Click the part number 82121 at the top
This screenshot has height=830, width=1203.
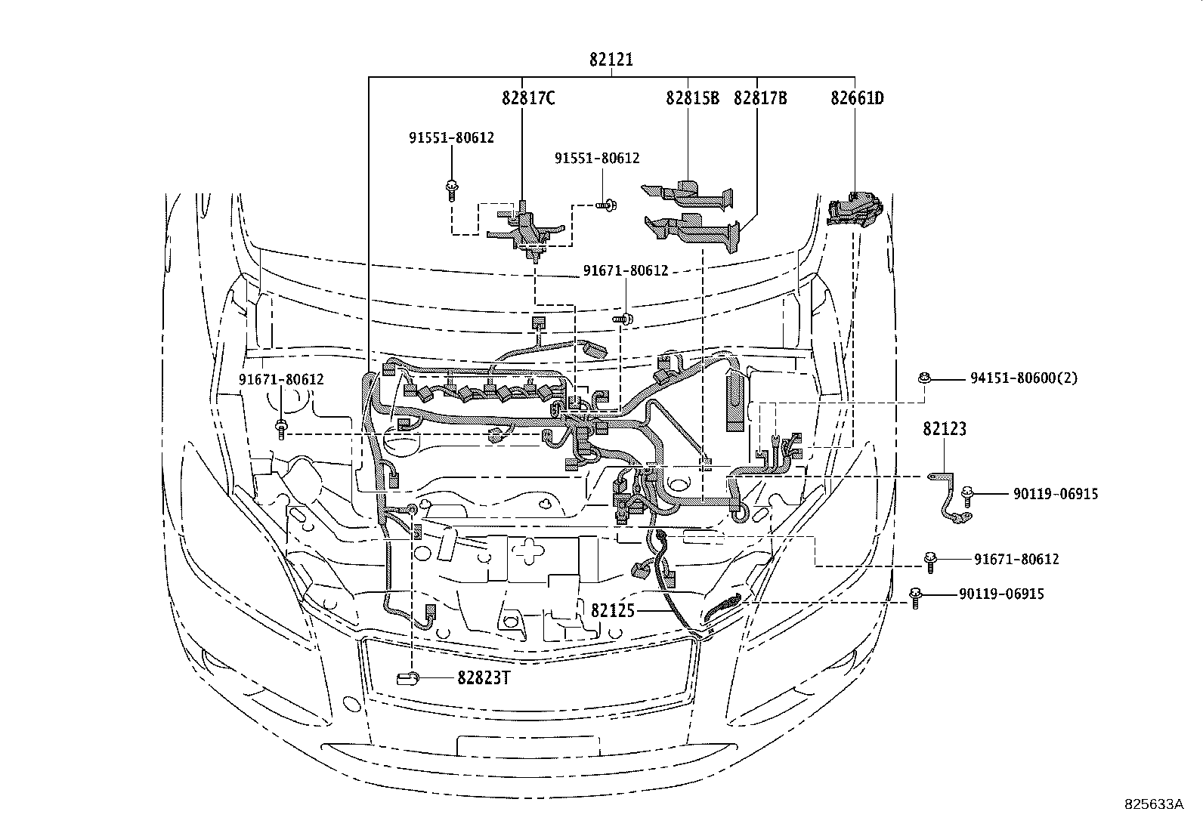click(611, 60)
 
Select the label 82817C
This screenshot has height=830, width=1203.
click(528, 97)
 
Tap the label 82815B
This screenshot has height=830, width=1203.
click(692, 97)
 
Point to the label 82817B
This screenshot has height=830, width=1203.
click(760, 97)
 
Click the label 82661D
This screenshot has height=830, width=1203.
click(857, 97)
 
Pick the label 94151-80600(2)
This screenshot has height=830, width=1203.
click(1024, 378)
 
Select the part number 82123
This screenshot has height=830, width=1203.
click(944, 429)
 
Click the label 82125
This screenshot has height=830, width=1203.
click(613, 610)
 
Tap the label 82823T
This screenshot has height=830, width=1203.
click(484, 677)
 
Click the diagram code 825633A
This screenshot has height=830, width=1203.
click(1152, 805)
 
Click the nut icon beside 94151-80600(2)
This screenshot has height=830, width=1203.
click(923, 378)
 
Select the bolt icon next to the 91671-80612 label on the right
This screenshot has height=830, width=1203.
click(930, 560)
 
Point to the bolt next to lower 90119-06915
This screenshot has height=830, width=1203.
click(916, 597)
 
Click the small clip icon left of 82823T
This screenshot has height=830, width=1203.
click(407, 677)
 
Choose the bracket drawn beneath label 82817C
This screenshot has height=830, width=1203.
click(527, 228)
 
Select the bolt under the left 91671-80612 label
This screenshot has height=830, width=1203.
click(280, 429)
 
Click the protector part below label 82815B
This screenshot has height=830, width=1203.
click(689, 192)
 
